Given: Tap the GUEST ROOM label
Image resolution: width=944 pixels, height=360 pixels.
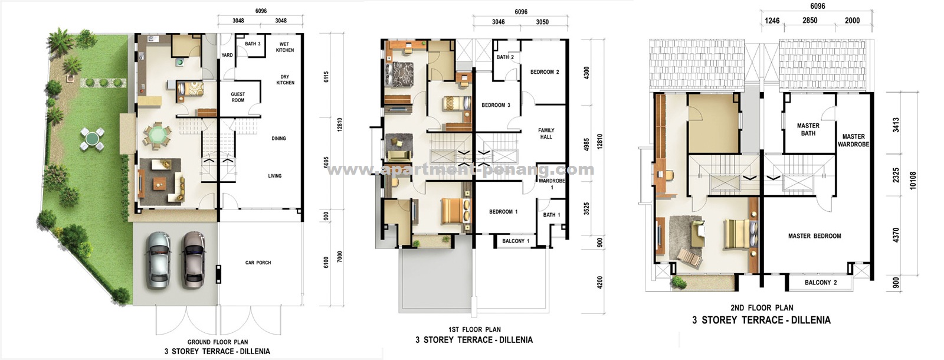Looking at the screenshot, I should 238,97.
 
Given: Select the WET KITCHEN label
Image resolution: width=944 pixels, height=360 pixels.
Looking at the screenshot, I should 285,47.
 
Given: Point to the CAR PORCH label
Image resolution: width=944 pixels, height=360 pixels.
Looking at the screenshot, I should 258,263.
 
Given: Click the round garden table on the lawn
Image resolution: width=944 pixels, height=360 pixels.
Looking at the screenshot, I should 92,139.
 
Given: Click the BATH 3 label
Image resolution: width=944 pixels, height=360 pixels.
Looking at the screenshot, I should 253,44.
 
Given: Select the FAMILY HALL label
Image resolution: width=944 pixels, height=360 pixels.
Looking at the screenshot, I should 546,133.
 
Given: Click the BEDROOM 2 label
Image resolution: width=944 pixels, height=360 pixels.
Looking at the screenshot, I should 545,72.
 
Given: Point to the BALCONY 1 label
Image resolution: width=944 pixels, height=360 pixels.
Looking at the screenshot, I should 516,241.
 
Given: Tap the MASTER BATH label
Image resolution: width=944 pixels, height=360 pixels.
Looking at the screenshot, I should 808,129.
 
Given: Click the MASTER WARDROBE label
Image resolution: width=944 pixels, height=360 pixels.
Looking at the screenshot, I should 853,140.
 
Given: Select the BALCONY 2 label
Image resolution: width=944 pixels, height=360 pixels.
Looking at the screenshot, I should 821,283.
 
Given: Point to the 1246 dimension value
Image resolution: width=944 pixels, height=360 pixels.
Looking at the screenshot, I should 772,21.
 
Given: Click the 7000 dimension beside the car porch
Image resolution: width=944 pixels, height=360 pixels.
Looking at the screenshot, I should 340,257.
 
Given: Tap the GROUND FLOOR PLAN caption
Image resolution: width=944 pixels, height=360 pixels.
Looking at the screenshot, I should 218,342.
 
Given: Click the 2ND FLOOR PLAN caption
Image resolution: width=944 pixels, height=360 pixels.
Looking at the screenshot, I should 762,307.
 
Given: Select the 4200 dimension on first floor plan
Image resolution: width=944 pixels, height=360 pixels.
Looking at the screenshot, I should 600,282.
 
